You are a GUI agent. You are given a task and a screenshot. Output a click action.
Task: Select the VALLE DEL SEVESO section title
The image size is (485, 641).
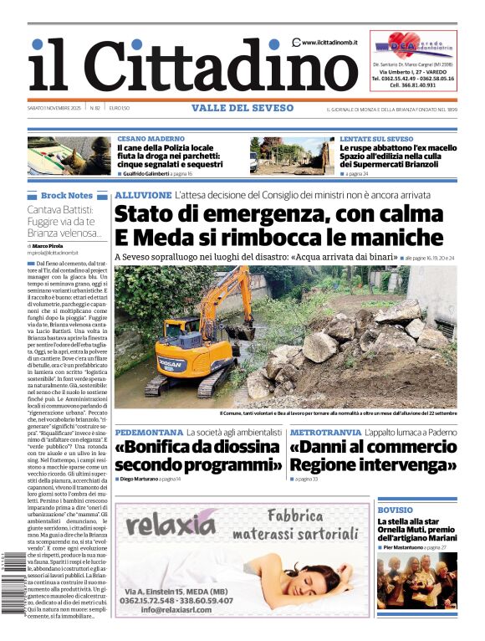point(242,108)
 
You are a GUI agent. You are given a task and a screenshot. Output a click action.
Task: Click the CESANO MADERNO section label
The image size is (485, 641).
point(151,138)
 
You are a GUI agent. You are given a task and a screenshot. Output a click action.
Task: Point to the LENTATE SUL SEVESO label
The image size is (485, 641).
point(376,138)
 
